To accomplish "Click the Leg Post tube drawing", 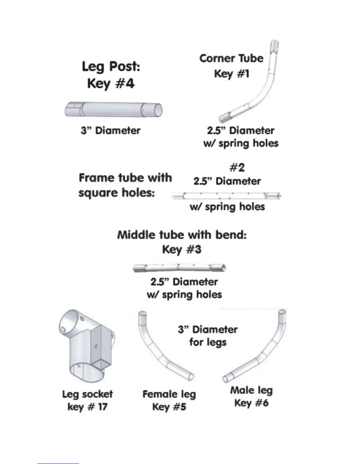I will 113,110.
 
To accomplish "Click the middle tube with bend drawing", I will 179,267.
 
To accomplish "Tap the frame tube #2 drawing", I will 226,195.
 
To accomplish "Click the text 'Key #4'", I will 111,84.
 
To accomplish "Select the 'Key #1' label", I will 232,74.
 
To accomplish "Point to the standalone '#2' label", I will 237,168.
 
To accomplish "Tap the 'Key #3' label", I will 182,249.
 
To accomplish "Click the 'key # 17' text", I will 87,407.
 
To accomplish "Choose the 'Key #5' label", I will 169,407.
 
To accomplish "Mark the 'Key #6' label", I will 251,403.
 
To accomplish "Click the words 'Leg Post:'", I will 111,66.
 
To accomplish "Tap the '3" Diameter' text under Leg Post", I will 111,130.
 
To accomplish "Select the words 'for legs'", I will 208,342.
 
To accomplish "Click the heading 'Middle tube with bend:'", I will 182,235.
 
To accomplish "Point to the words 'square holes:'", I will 116,193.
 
